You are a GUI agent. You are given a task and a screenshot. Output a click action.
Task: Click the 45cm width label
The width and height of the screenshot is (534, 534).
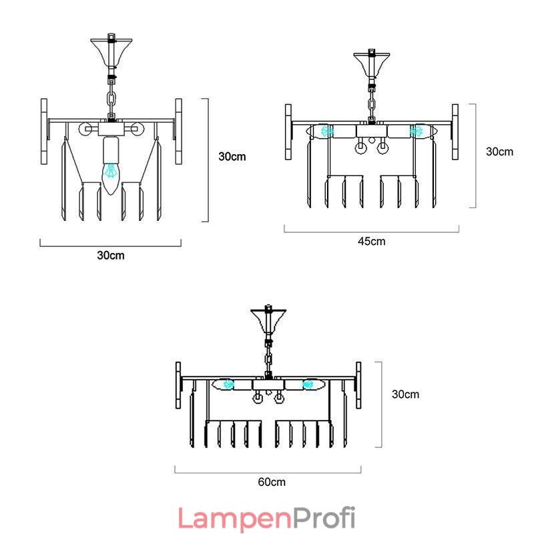tap(372, 241)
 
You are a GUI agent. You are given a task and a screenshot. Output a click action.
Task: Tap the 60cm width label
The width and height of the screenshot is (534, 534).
tap(272, 482)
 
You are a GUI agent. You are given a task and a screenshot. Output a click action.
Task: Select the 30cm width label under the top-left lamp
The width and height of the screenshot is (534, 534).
tap(111, 255)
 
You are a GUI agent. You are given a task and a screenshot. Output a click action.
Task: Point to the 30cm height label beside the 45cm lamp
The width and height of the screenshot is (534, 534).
tap(499, 152)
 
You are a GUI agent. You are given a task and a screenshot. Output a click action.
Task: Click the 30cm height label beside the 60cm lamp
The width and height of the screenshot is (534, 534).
tap(405, 394)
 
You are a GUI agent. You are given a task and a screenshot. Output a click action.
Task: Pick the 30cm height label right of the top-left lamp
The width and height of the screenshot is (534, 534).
tap(232, 156)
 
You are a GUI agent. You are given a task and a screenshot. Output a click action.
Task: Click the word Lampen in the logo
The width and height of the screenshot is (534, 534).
tap(235, 519)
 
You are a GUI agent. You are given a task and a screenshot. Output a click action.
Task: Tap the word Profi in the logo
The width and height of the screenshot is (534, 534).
tap(324, 517)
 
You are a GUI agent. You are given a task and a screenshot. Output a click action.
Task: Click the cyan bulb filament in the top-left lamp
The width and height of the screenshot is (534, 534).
tap(110, 171)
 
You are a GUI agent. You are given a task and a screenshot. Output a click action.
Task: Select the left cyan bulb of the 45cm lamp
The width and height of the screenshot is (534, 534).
tap(326, 131)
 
